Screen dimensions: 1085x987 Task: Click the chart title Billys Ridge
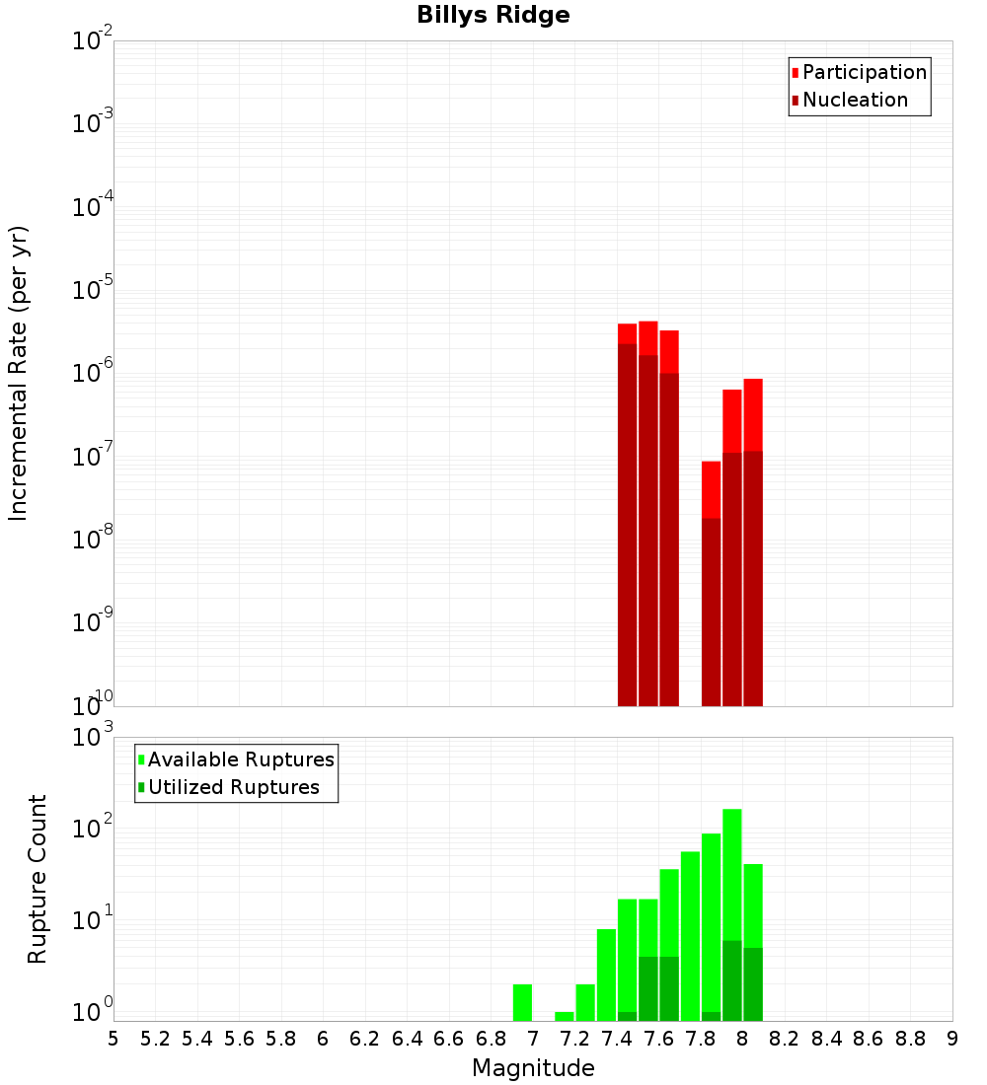(x=493, y=16)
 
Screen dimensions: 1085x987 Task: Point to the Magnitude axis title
(x=533, y=1068)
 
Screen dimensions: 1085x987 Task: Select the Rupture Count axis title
(x=38, y=878)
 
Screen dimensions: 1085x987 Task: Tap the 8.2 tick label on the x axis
(x=785, y=1039)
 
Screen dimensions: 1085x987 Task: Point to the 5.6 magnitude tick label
(x=239, y=1039)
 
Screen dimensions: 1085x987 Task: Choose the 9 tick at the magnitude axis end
(x=952, y=1039)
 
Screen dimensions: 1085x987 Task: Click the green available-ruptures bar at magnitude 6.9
(x=523, y=1002)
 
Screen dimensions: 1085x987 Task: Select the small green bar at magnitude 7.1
(x=565, y=1016)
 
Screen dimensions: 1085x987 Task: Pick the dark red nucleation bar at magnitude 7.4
(x=628, y=523)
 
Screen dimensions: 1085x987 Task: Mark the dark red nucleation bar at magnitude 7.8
(x=712, y=612)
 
